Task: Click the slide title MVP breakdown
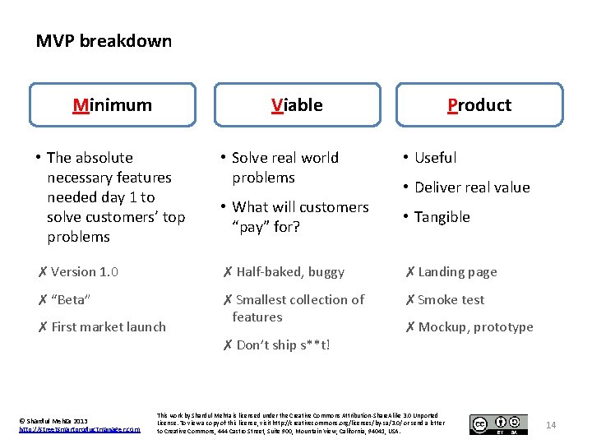click(104, 41)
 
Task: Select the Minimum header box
click(113, 104)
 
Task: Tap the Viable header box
click(297, 104)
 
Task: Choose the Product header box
click(479, 104)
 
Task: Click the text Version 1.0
click(85, 272)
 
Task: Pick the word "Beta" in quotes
click(71, 299)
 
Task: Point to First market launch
click(108, 326)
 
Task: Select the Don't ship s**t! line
click(282, 345)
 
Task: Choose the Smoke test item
click(451, 299)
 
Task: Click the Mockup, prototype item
click(475, 326)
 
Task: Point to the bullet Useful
click(435, 158)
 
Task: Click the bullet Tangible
click(442, 217)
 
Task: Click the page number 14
click(551, 425)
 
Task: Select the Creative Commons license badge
click(498, 424)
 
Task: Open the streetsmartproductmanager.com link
click(80, 429)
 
